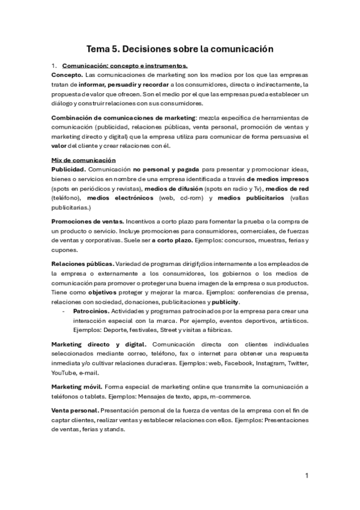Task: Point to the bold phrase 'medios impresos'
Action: (278, 179)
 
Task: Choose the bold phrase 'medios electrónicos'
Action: (120, 198)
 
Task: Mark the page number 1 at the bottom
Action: (307, 476)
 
